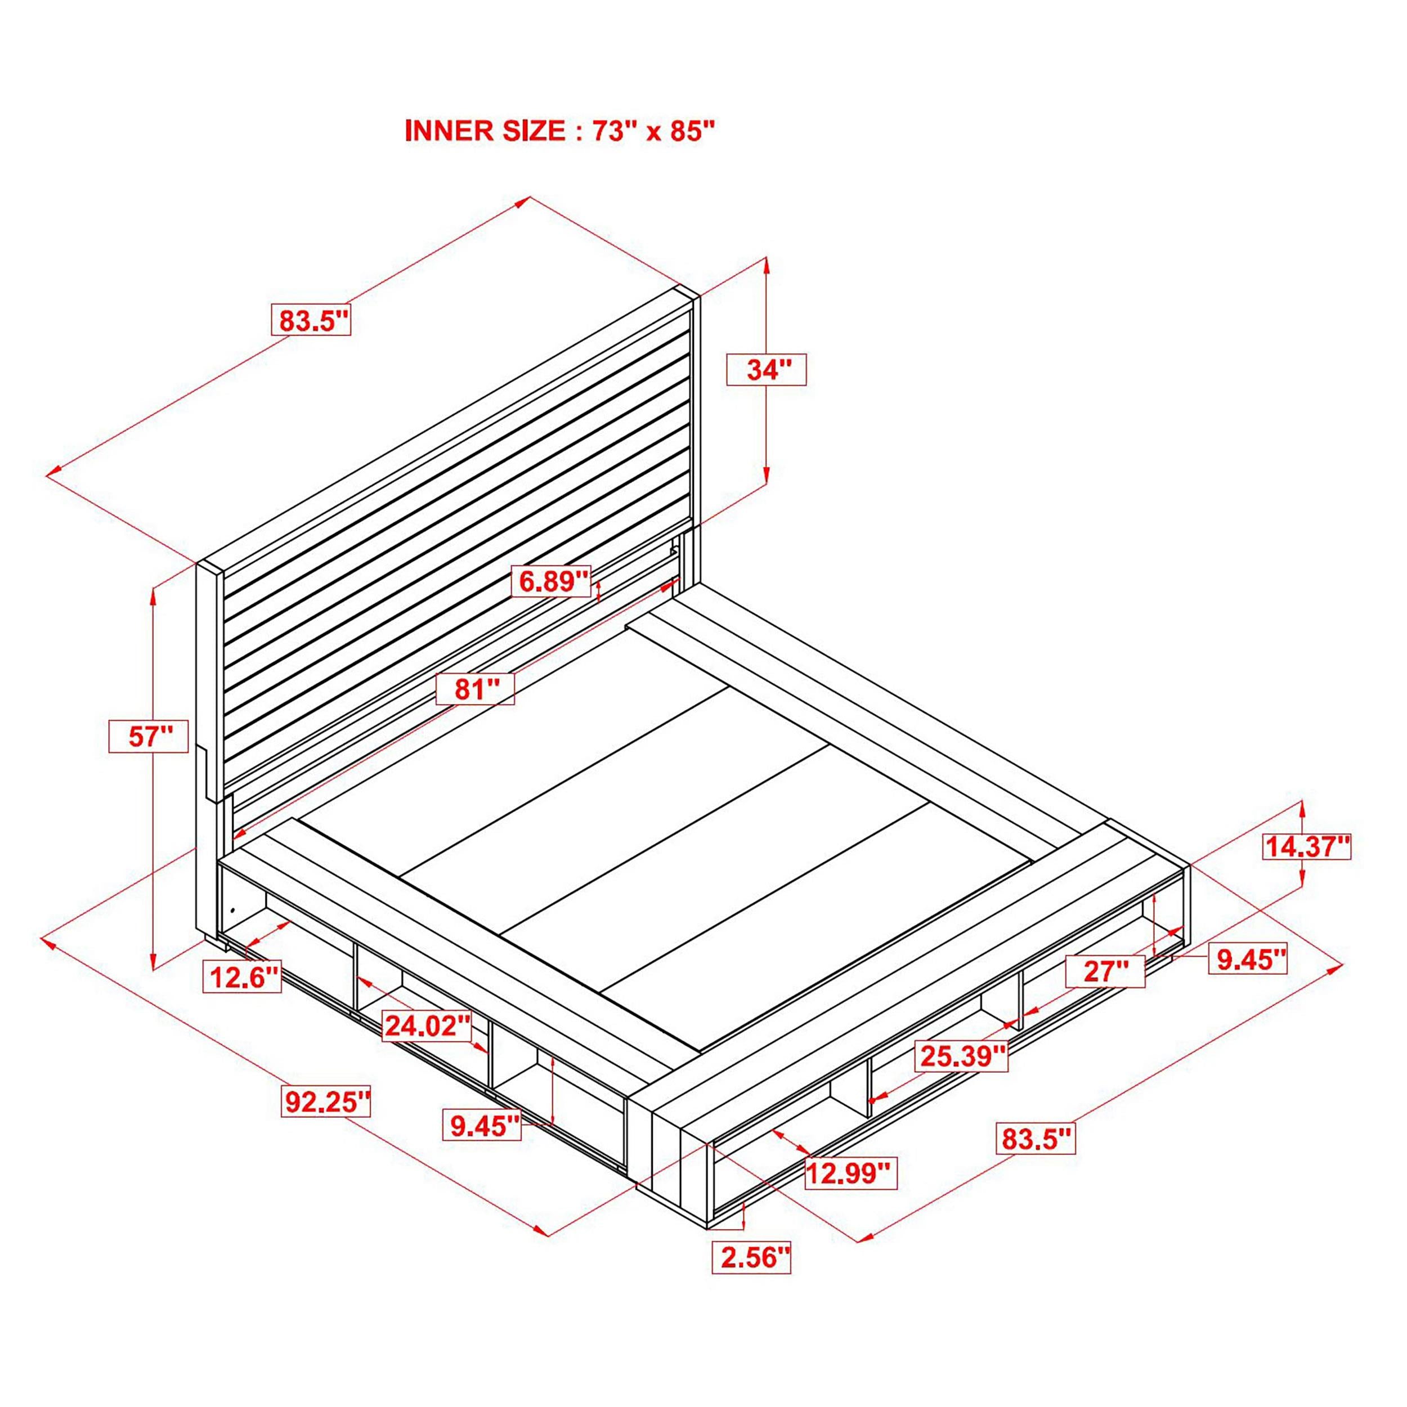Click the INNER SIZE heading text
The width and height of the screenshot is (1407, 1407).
[x=560, y=131]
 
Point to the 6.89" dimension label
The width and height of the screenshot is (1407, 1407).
[x=552, y=581]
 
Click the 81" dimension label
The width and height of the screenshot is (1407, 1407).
[x=475, y=688]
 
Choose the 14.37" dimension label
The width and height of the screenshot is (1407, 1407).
[x=1307, y=847]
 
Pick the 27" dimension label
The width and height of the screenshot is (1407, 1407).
[x=1105, y=971]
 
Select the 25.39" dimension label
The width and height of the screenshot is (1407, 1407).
[x=963, y=1055]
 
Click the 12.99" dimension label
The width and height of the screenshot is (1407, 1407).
[x=850, y=1173]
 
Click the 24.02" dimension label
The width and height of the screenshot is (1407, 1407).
[x=428, y=1025]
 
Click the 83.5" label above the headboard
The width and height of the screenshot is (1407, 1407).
[x=311, y=319]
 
